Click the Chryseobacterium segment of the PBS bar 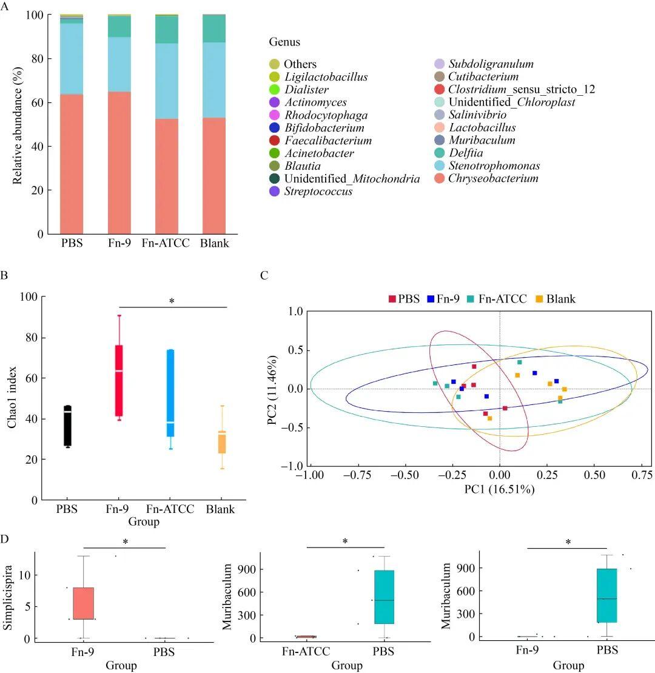71,164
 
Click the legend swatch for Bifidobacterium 274,128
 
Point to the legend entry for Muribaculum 482,141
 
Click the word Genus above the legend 284,42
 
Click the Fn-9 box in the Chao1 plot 119,380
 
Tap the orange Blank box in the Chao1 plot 222,443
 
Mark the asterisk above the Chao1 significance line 172,301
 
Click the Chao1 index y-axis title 12,397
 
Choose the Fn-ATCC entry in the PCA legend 497,298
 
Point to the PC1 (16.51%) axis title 500,489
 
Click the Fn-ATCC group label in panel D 305,652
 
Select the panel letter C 264,275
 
